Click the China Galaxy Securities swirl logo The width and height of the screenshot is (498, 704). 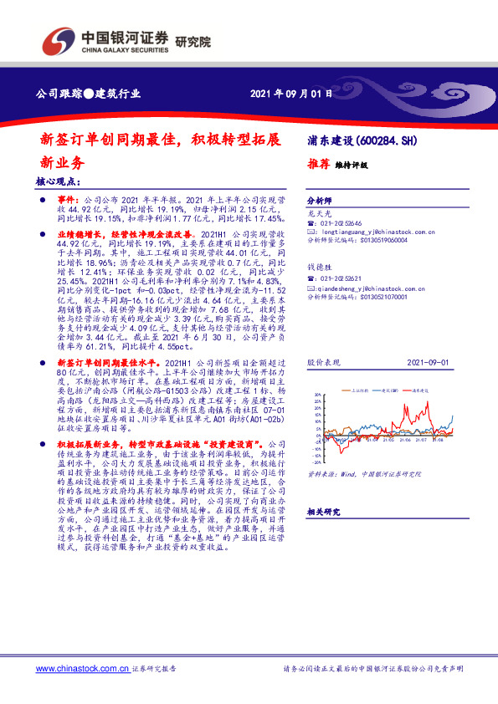(x=56, y=39)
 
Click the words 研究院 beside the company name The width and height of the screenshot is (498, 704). (x=193, y=41)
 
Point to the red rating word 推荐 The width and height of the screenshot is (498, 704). (x=320, y=164)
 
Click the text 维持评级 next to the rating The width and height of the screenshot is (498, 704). (x=352, y=165)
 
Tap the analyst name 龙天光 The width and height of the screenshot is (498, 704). (x=319, y=214)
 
